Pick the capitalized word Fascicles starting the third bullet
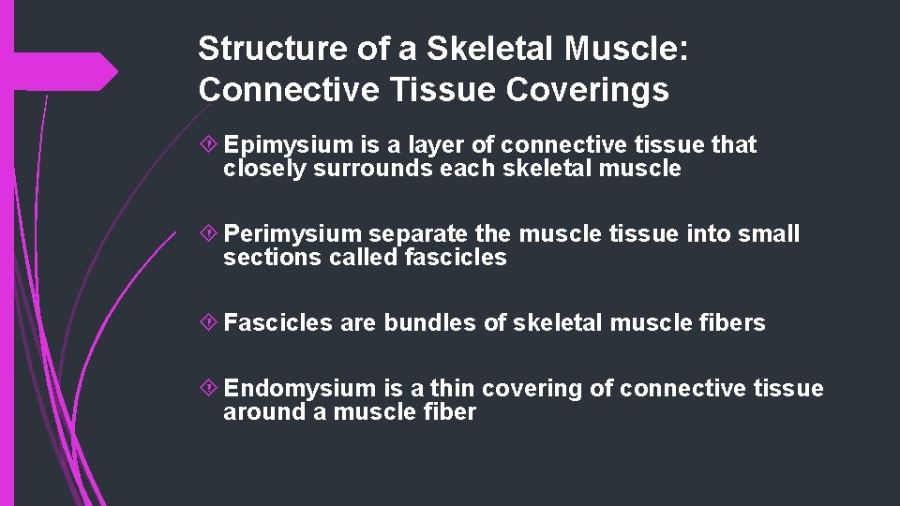coord(278,323)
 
